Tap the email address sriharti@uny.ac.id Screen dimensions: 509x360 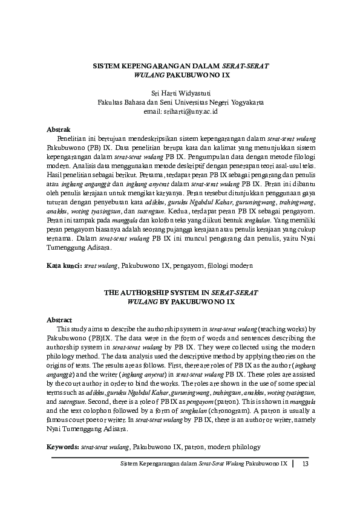pyautogui.click(x=180, y=111)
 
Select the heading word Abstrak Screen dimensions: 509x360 pyautogui.click(x=59, y=129)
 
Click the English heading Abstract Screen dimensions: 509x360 pyautogui.click(x=60, y=319)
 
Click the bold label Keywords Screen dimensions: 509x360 pyautogui.click(x=62, y=447)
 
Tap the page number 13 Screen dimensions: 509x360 pyautogui.click(x=305, y=464)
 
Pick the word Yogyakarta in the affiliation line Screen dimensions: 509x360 pyautogui.click(x=243, y=103)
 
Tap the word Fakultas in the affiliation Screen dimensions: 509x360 pyautogui.click(x=113, y=103)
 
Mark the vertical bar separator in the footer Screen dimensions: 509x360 pyautogui.click(x=293, y=464)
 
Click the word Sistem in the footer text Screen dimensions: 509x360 pyautogui.click(x=130, y=464)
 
